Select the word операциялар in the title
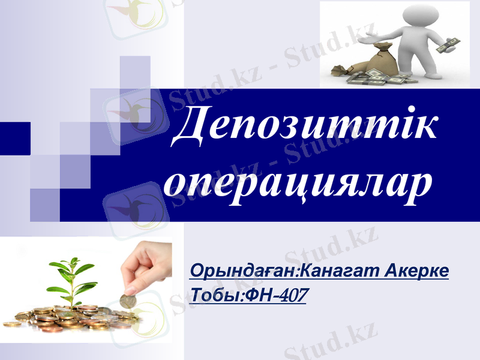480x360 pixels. coord(298,181)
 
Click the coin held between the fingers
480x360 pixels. coord(127,300)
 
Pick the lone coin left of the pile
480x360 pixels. coord(12,324)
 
